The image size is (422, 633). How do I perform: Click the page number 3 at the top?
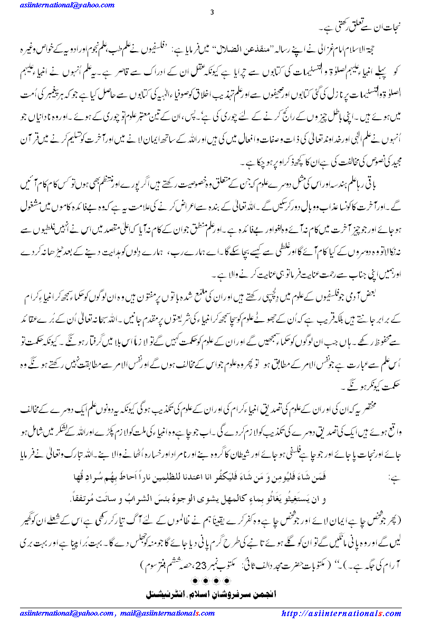pos(212,12)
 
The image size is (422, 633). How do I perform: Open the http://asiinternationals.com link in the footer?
pos(341,613)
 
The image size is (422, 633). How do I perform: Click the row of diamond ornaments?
pos(210,581)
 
